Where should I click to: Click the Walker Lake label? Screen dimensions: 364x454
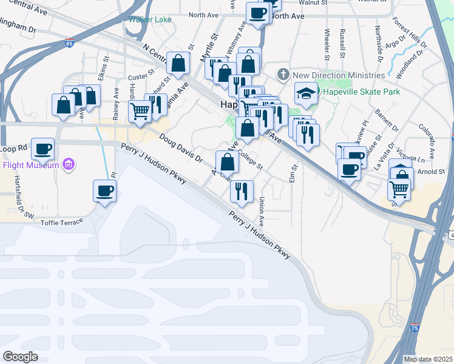150,19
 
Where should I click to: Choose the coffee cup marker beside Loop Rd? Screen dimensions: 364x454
42,148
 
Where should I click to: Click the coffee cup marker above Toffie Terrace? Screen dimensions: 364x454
104,190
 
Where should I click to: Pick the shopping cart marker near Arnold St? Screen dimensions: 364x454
399,189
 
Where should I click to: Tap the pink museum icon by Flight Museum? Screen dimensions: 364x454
69,164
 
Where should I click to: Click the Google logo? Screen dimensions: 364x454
20,357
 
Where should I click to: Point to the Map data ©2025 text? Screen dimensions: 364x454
427,359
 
